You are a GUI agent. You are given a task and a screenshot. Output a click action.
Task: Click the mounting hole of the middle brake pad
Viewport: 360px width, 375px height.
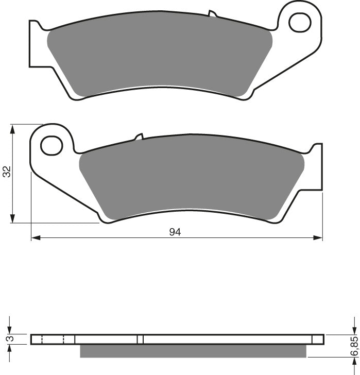click(52, 145)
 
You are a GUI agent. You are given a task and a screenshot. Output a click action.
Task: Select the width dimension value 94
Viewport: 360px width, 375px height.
click(175, 232)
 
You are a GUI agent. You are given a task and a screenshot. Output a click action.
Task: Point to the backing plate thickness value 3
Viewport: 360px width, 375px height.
click(7, 339)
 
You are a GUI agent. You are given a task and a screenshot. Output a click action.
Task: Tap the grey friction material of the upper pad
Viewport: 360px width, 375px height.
click(160, 57)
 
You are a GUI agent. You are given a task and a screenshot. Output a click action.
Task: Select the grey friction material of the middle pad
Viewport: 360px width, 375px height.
click(191, 178)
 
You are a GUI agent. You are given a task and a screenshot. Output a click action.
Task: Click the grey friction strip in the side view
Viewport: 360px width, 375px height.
click(193, 351)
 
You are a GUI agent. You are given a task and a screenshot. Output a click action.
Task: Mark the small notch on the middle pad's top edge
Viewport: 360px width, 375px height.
click(138, 137)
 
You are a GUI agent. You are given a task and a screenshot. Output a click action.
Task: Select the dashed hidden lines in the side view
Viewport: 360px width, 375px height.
click(52, 339)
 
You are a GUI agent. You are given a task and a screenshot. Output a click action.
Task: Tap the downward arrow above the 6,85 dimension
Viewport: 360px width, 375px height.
click(354, 329)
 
